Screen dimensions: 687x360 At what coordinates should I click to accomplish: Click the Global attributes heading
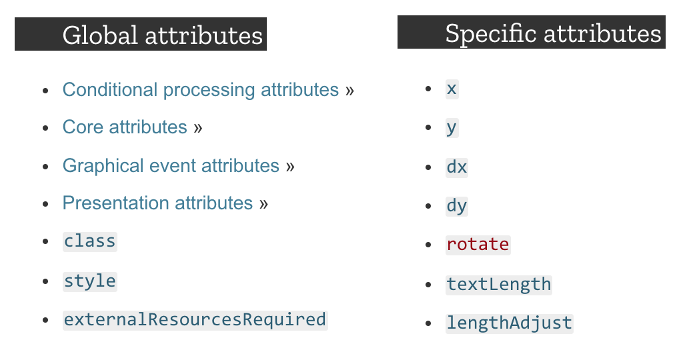(163, 35)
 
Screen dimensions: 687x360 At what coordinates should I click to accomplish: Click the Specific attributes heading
(553, 33)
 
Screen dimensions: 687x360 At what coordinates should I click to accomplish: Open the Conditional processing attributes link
(200, 89)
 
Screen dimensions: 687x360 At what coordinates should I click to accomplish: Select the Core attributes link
(125, 127)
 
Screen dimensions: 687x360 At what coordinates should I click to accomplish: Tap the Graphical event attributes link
(171, 165)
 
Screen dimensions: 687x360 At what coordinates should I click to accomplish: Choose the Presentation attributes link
(157, 203)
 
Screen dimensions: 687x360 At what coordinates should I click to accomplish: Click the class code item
(89, 241)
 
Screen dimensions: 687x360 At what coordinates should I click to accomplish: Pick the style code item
(89, 281)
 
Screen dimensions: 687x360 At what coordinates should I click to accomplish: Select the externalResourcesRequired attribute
(195, 319)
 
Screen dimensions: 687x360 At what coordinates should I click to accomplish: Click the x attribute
(452, 89)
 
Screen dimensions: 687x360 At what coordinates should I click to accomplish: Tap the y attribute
(452, 127)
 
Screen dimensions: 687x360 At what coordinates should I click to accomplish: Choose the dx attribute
(457, 167)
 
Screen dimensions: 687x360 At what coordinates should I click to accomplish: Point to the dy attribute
(457, 206)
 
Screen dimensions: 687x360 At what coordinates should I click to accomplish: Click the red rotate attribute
(478, 245)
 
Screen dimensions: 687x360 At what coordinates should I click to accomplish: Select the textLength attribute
(499, 284)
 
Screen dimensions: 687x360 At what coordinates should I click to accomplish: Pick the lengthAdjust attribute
(510, 323)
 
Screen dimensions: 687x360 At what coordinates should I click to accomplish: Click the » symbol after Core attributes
(198, 128)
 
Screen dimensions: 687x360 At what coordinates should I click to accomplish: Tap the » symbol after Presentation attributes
(263, 203)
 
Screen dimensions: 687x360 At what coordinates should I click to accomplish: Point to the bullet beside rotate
(429, 245)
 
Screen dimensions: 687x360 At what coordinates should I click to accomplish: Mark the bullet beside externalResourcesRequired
(45, 320)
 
